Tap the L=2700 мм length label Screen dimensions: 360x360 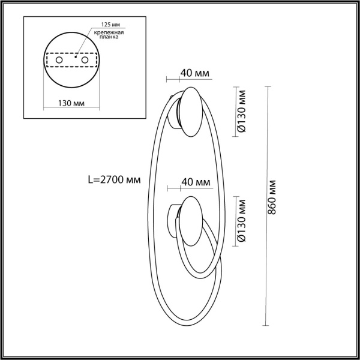click(x=115, y=179)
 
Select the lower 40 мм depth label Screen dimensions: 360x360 click(x=195, y=182)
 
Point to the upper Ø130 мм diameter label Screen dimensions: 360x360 click(x=241, y=112)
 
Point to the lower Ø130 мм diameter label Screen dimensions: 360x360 click(x=241, y=221)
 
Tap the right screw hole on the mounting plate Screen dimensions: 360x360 click(x=85, y=61)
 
